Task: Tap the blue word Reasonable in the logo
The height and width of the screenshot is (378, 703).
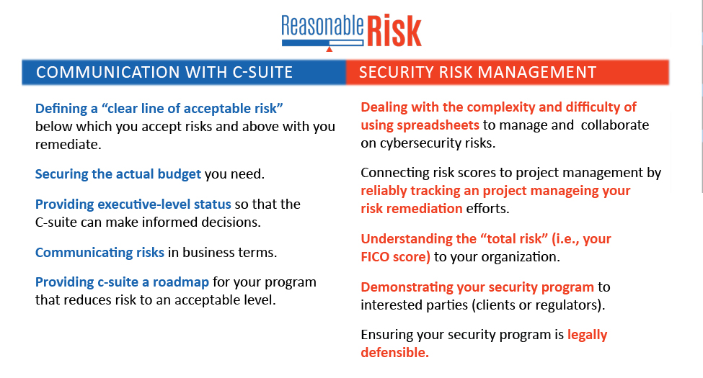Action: point(322,26)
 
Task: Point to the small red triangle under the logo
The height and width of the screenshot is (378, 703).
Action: point(329,49)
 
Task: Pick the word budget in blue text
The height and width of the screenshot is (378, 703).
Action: point(179,174)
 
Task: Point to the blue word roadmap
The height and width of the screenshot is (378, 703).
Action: point(181,282)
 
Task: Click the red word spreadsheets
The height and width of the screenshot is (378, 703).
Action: point(438,125)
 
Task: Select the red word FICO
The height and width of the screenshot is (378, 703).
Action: point(375,256)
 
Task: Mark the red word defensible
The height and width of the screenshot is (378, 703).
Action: point(394,353)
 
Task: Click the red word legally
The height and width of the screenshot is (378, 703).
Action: point(588,335)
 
